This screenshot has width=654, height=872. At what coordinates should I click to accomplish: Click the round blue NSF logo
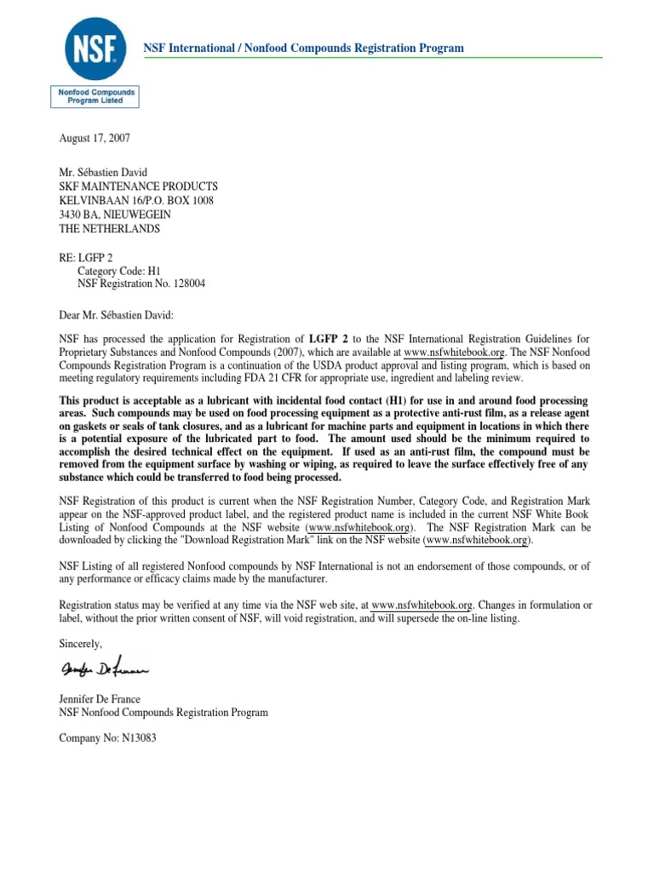point(95,48)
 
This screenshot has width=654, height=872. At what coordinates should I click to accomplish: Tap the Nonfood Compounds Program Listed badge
point(95,95)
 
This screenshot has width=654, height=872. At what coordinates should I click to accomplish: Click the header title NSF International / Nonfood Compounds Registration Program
point(304,48)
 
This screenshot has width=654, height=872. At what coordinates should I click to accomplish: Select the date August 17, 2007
point(95,138)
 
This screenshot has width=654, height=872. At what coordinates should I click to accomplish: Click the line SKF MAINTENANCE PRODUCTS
point(138,186)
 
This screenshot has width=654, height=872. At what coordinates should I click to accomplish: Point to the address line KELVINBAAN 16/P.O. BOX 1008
point(136,201)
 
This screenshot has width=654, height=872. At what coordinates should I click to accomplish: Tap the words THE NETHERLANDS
point(109,229)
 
